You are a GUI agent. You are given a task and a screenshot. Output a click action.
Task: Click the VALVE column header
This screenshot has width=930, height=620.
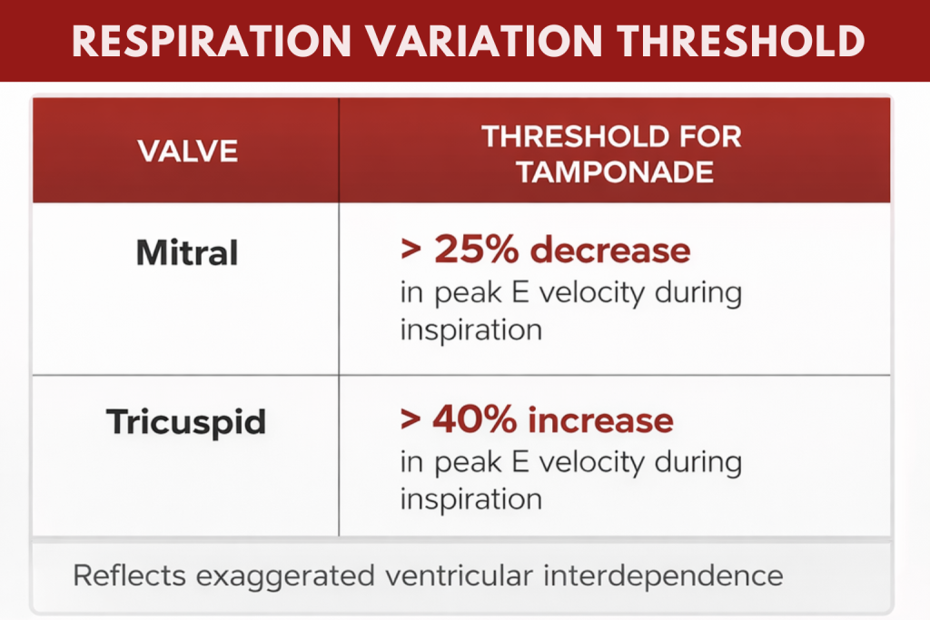[x=188, y=151]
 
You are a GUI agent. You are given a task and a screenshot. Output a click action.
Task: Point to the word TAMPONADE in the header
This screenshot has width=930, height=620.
[x=610, y=171]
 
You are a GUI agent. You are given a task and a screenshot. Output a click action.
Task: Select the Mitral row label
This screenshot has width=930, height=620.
[x=187, y=253]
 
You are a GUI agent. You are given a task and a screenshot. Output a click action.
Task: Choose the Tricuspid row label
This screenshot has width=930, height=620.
[x=186, y=423]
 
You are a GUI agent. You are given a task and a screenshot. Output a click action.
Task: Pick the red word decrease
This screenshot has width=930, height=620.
[x=610, y=250]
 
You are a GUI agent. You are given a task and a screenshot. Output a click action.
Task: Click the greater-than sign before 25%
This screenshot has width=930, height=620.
[x=412, y=251]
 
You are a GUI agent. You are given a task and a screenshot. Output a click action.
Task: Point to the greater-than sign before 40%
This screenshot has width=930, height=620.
[x=412, y=421]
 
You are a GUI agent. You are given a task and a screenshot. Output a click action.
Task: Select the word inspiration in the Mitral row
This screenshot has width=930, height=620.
[x=470, y=329]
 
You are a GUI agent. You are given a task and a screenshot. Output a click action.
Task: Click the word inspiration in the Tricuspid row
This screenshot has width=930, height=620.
[x=470, y=499]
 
